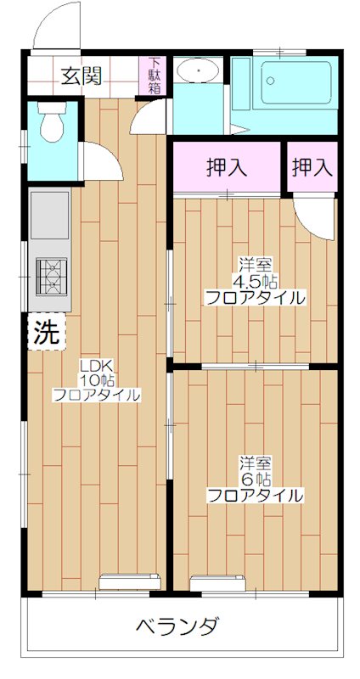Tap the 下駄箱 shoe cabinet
[x=155, y=76]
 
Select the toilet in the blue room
[x=53, y=125]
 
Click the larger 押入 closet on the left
[x=227, y=167]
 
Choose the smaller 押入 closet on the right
[x=312, y=167]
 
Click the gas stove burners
[x=49, y=276]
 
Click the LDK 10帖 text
[x=97, y=380]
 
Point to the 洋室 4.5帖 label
[x=255, y=282]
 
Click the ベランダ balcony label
[x=177, y=627]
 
